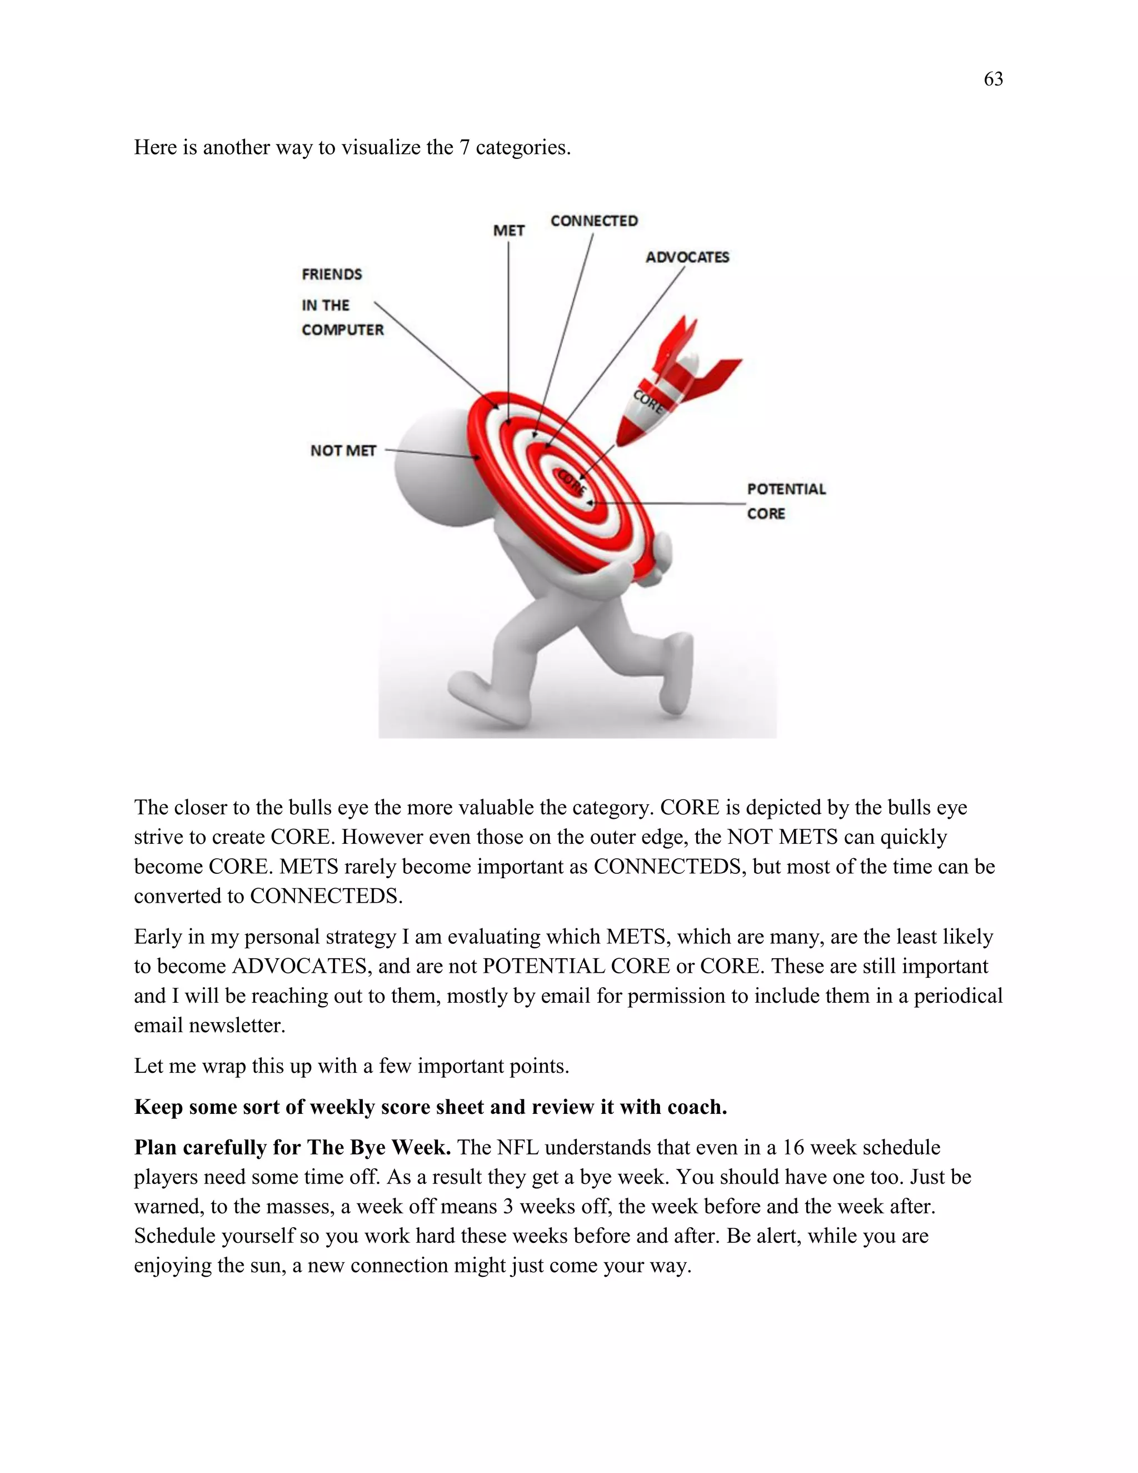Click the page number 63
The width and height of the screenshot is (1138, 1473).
[993, 79]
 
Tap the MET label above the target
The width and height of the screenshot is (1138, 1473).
[508, 231]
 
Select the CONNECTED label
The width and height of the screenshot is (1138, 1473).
[593, 221]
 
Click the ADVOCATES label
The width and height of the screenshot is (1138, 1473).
[687, 257]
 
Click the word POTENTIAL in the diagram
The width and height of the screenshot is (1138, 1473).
[786, 489]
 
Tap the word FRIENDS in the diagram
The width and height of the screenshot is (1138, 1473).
[332, 275]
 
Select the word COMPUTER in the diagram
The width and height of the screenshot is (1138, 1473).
[342, 330]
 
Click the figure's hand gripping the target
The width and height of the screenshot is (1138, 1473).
[657, 556]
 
